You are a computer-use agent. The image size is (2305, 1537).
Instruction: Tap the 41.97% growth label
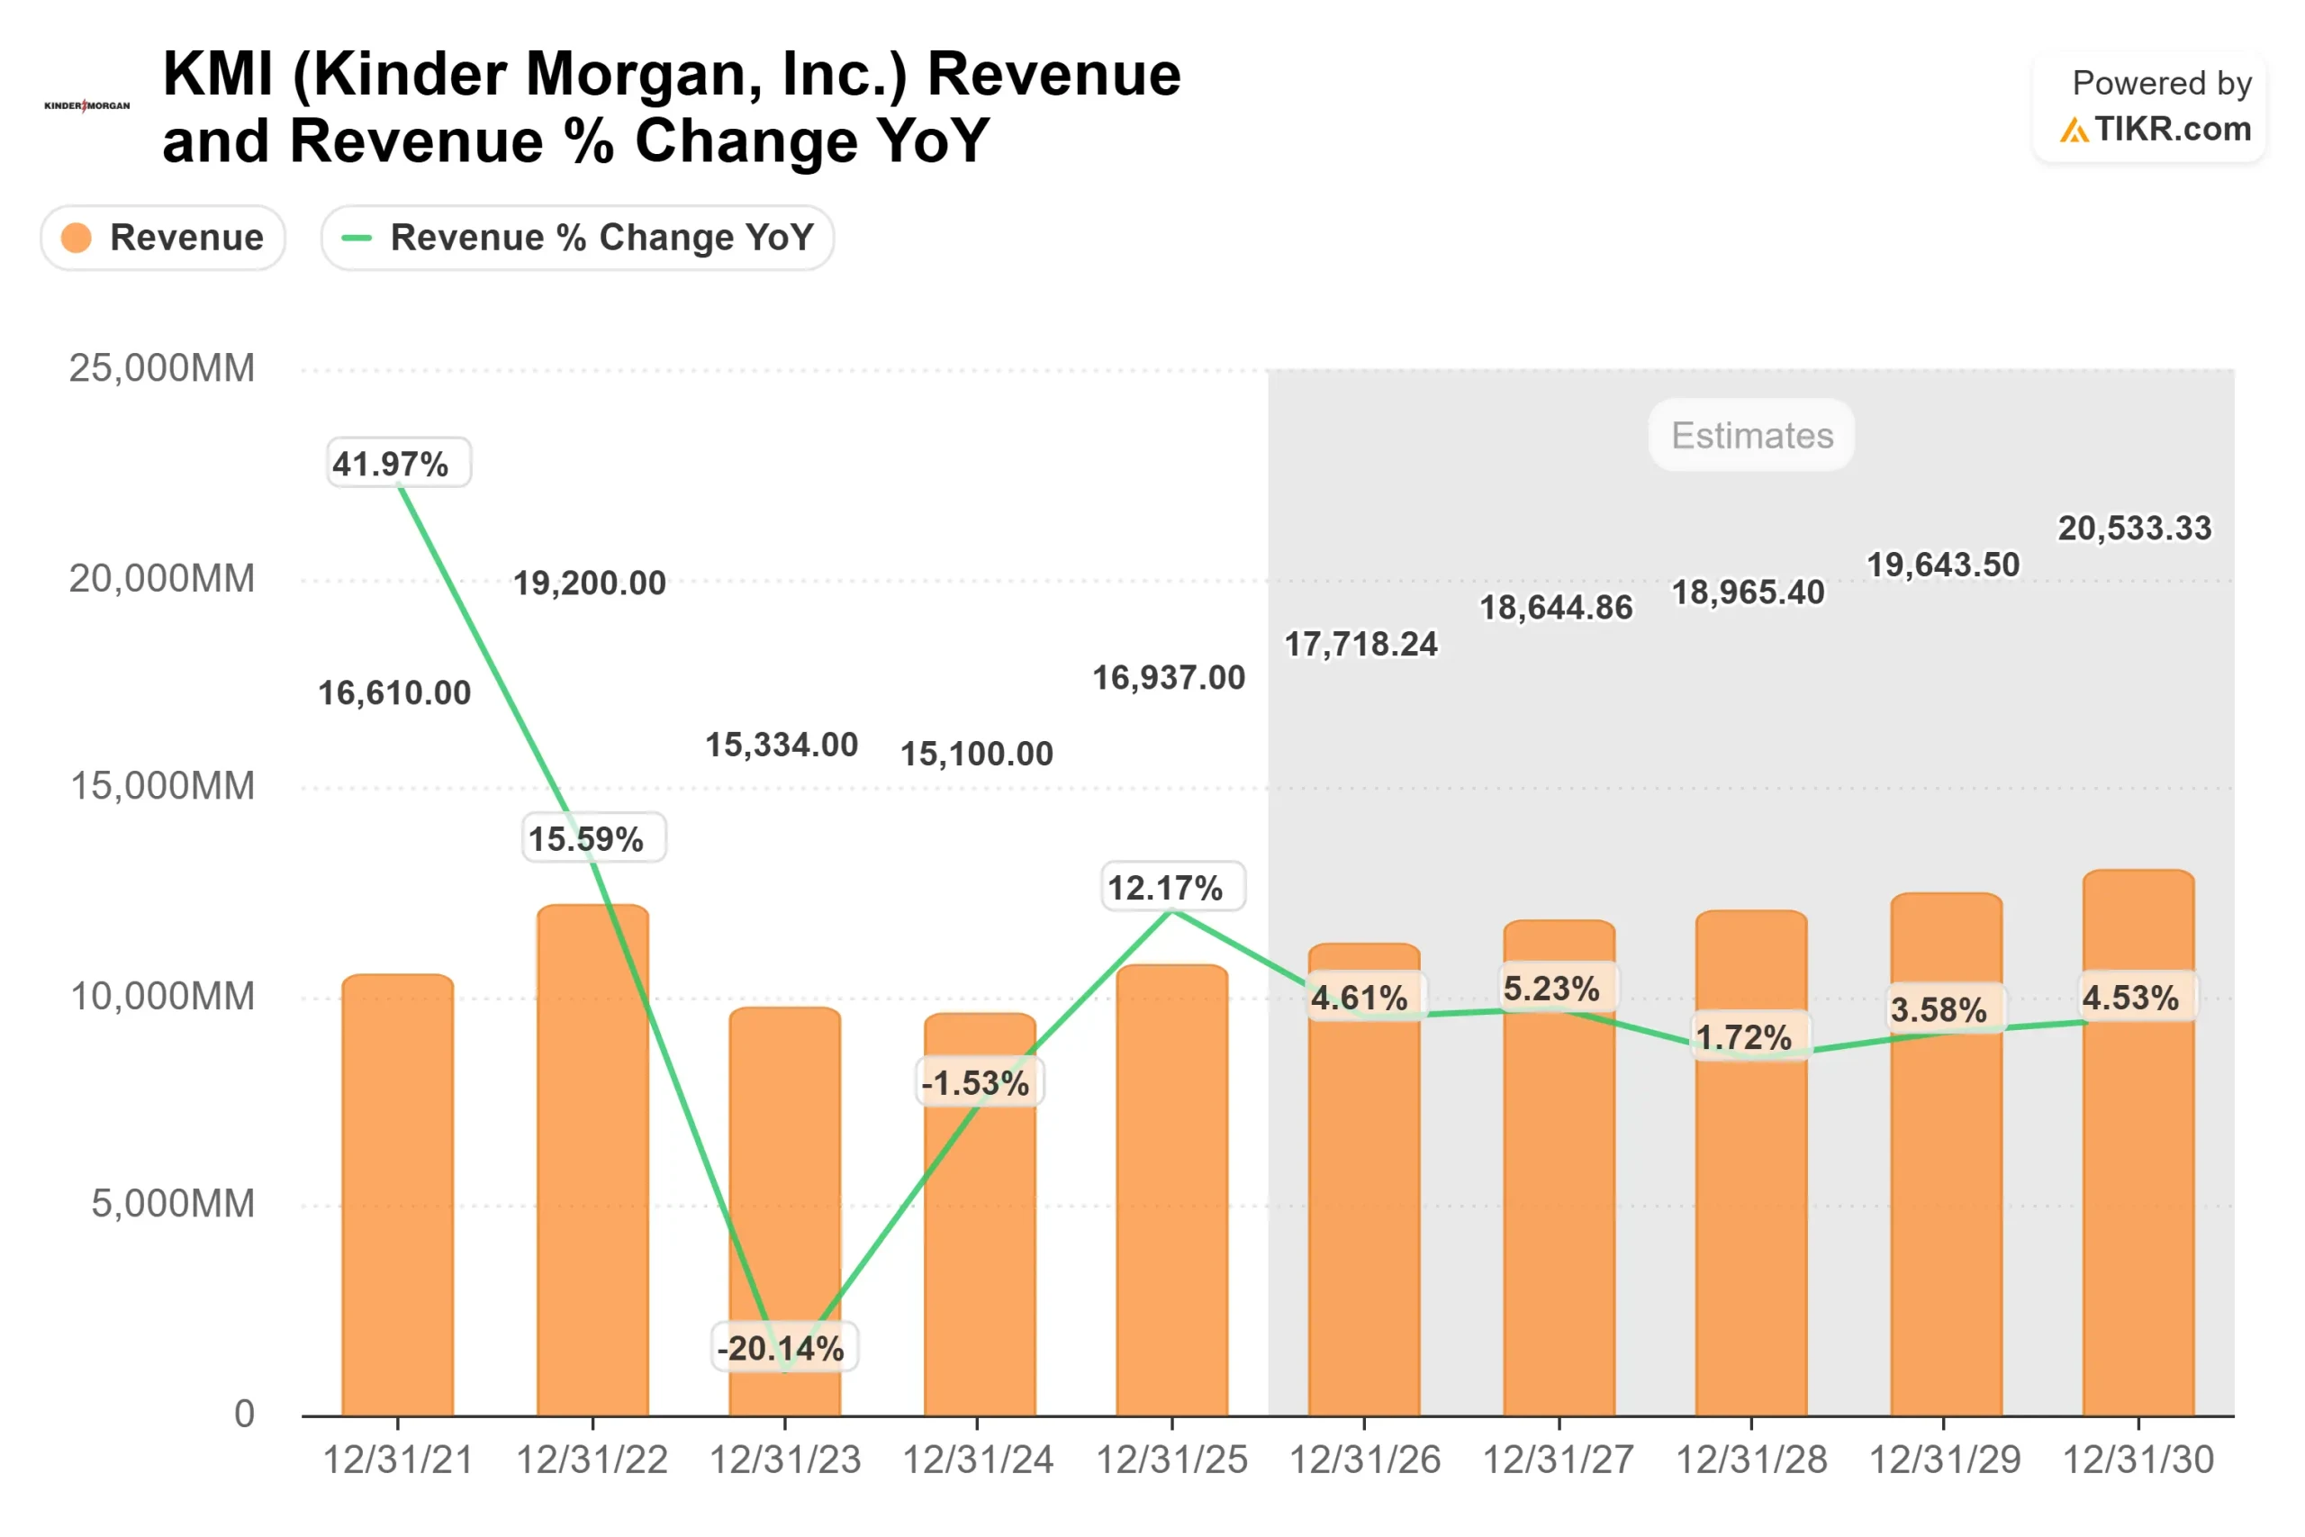398,463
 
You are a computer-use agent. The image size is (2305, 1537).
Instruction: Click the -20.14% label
784,1347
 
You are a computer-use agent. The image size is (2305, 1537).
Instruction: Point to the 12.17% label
1173,887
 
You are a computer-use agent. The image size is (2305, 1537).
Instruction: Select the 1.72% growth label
1750,1036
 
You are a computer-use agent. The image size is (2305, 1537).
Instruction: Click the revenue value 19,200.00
590,583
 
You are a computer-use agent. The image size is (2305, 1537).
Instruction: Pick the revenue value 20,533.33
2135,529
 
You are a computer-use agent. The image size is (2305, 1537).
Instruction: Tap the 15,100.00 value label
977,754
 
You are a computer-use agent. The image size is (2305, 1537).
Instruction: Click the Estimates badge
1751,435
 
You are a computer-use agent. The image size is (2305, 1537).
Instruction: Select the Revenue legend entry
164,237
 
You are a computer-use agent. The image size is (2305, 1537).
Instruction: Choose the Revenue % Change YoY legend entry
577,237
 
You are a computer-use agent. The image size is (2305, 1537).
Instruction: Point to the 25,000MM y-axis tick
162,368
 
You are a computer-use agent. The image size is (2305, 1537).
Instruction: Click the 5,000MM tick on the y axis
173,1204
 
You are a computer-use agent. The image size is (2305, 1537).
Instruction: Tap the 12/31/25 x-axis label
1171,1460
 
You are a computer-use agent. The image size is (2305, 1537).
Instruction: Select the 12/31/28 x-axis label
1751,1460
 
